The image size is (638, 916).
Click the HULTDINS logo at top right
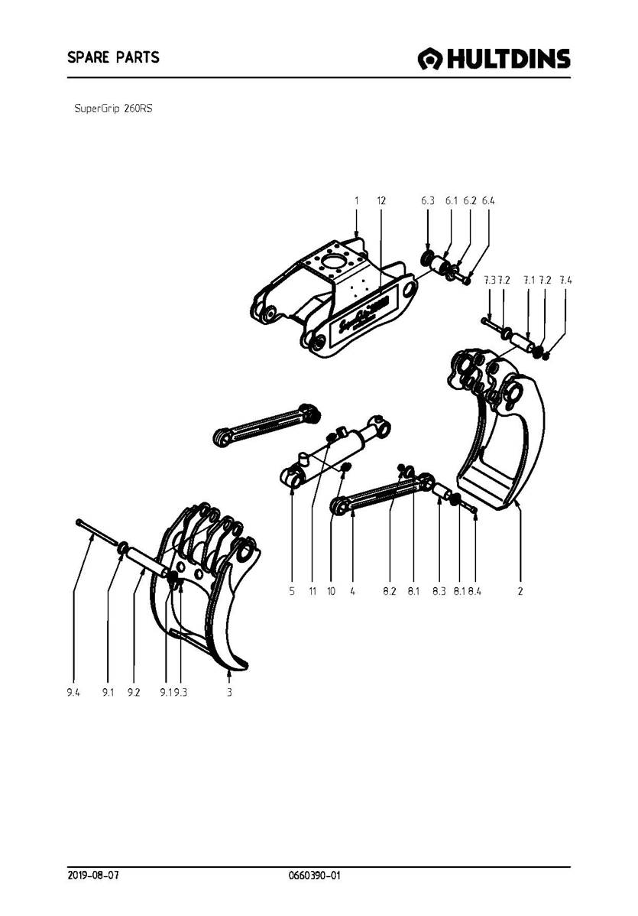tap(494, 59)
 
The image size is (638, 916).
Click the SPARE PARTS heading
tap(112, 57)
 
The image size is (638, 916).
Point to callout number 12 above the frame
tap(381, 200)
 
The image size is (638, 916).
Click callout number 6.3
tap(427, 200)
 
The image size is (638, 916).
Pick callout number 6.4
tap(489, 200)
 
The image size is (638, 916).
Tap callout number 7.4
tap(565, 281)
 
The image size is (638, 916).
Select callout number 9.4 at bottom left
tap(73, 692)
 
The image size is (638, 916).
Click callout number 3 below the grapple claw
tap(229, 692)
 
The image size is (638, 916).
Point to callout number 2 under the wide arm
tap(520, 591)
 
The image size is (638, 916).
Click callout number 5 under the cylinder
tap(293, 591)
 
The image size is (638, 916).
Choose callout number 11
tap(313, 591)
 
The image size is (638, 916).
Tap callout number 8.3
tap(439, 591)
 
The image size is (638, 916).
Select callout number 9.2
tap(134, 692)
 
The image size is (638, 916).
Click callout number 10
tap(331, 591)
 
